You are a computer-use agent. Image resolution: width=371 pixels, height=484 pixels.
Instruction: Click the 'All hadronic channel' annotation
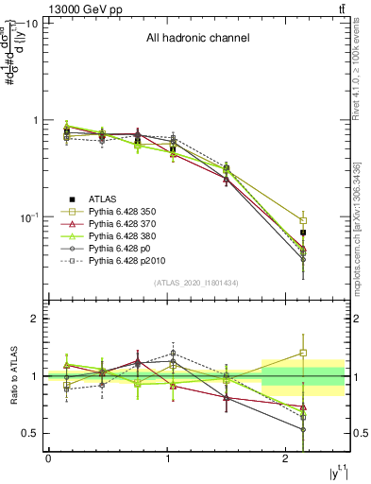click(x=197, y=39)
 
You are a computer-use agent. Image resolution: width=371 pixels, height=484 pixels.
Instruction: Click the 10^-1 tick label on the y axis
click(x=27, y=217)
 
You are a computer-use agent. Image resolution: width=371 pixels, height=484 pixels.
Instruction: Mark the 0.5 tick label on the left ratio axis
click(x=29, y=434)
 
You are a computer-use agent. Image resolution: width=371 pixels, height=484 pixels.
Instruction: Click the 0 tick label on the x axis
click(x=48, y=458)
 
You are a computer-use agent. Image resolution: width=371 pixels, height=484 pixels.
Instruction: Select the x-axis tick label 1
click(x=167, y=458)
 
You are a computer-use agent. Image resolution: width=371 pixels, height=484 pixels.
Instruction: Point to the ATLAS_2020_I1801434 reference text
click(x=197, y=283)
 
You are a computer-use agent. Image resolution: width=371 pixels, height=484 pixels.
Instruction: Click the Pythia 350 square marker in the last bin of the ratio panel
click(x=303, y=353)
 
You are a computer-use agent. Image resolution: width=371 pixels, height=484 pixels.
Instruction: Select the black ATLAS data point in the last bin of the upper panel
click(x=303, y=232)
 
